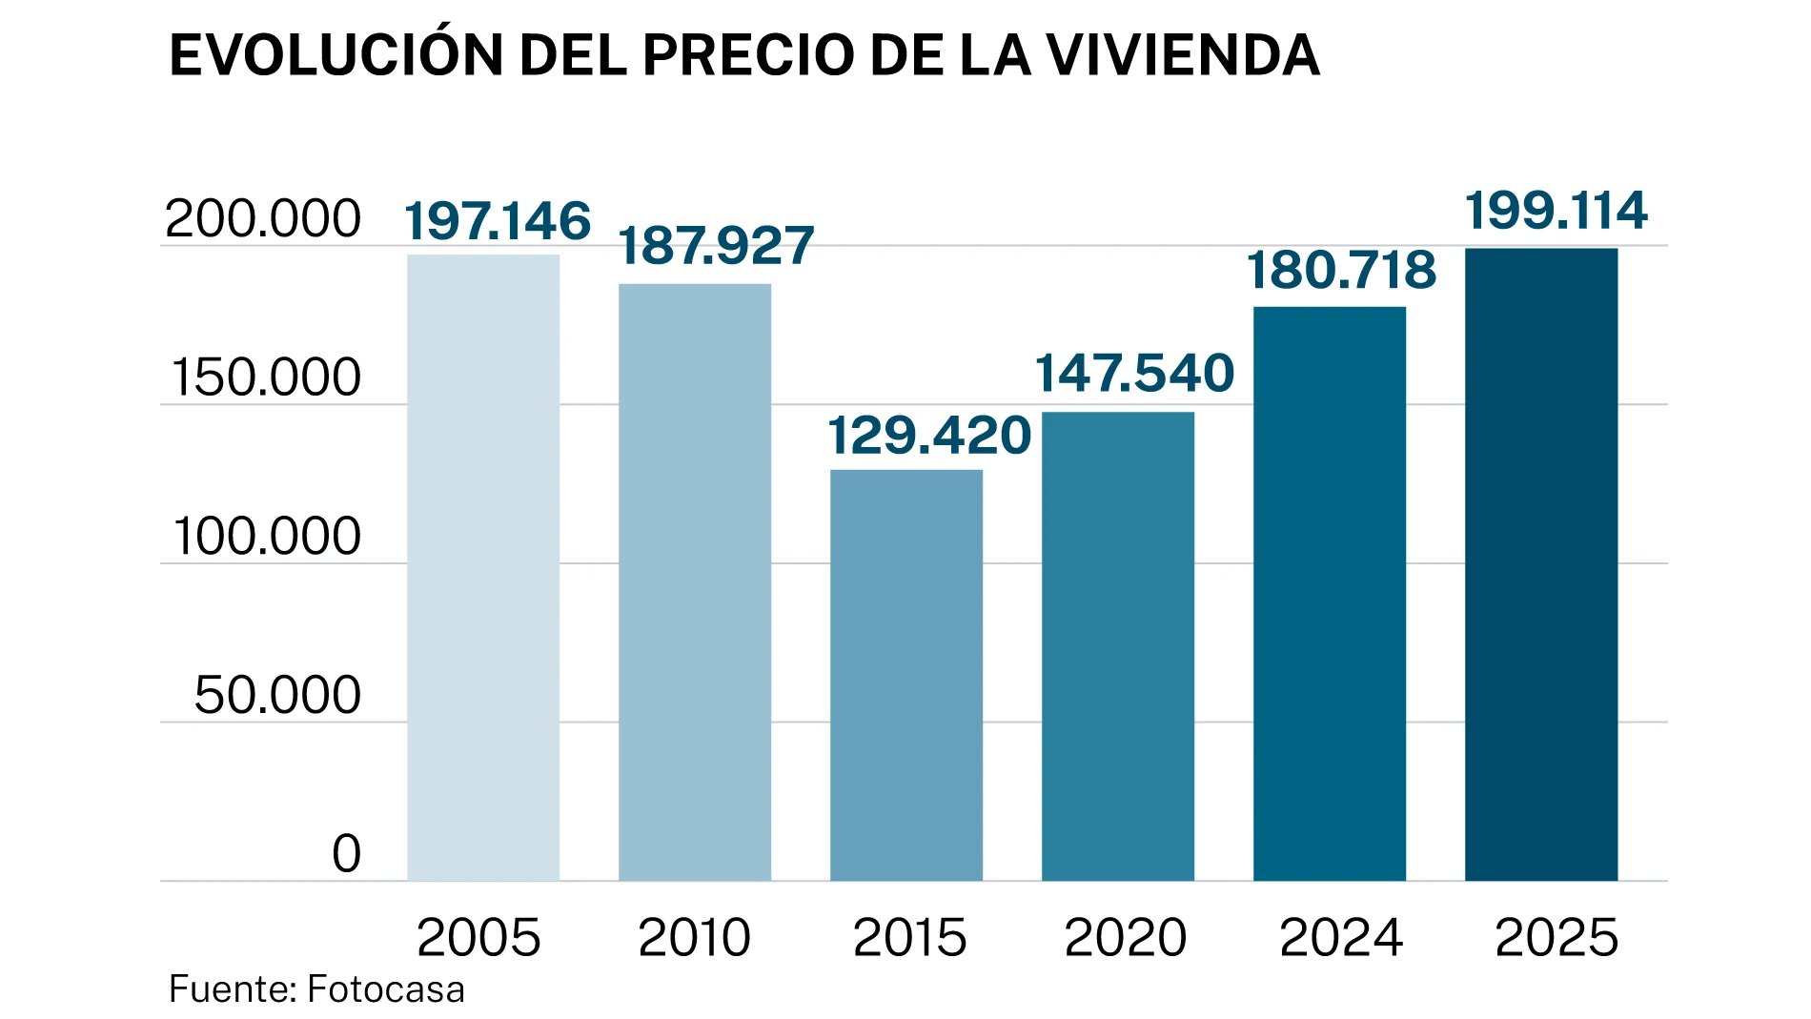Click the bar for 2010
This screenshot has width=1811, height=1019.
point(695,581)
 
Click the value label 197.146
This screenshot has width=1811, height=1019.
point(498,221)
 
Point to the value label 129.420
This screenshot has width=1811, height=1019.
point(929,436)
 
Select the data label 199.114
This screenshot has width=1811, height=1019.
point(1556,211)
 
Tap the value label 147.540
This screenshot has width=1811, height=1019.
point(1134,373)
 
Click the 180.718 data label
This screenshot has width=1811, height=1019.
point(1341,271)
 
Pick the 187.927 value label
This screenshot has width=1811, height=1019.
point(716,246)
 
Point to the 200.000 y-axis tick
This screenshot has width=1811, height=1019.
point(263,219)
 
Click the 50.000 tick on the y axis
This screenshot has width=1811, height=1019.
point(277,695)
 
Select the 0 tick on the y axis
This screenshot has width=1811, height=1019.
point(347,853)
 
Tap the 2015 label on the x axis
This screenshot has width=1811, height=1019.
point(909,938)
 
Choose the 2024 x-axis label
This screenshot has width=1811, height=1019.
point(1341,938)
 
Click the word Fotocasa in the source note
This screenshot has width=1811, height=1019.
point(386,989)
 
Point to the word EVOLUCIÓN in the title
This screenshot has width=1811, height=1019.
point(336,55)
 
